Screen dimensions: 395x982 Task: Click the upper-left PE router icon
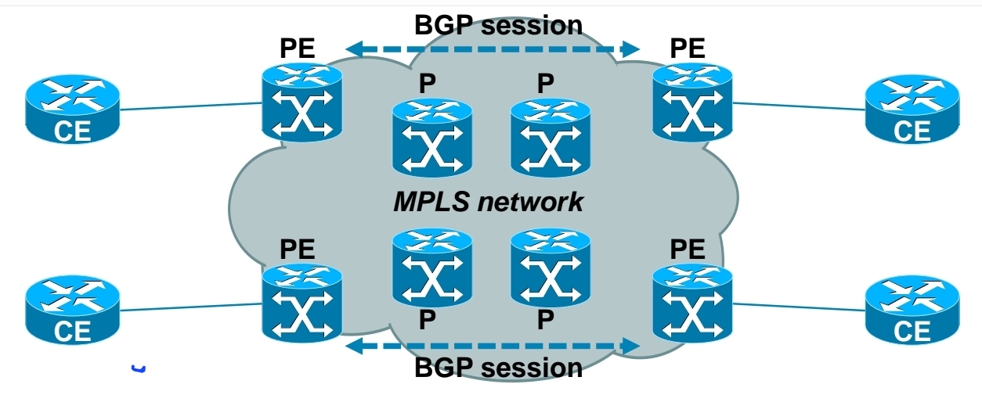pyautogui.click(x=301, y=103)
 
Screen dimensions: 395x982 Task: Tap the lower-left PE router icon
pyautogui.click(x=301, y=303)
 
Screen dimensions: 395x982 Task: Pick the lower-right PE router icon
pyautogui.click(x=692, y=303)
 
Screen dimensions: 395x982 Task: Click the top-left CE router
pyautogui.click(x=72, y=110)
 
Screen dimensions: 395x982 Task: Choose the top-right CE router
pyautogui.click(x=912, y=110)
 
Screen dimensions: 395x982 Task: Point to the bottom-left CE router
pyautogui.click(x=72, y=311)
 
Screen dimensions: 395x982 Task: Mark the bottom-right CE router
pyautogui.click(x=912, y=311)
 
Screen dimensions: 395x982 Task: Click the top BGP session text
pyautogui.click(x=498, y=25)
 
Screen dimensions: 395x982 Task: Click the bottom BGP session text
pyautogui.click(x=498, y=367)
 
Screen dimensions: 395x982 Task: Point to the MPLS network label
pyautogui.click(x=489, y=201)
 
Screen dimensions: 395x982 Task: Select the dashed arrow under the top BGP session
pyautogui.click(x=493, y=49)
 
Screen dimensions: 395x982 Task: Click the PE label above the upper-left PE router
pyautogui.click(x=298, y=48)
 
